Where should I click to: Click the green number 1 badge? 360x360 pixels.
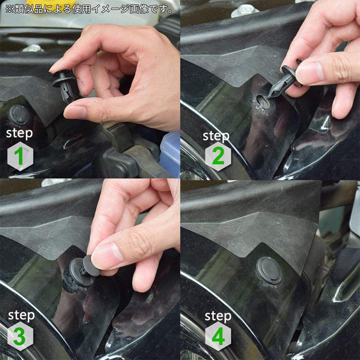pos(20,156)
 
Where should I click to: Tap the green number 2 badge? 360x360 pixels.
pos(218,156)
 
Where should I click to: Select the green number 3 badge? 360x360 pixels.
pos(20,336)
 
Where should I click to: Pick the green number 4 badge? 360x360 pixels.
pos(218,336)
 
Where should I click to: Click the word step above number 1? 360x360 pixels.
pos(20,134)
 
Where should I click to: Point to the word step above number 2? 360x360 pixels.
pos(216,136)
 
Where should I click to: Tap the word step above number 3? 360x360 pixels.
pos(21,316)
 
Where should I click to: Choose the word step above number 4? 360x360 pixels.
pos(218,316)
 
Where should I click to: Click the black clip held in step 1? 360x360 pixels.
pos(65,85)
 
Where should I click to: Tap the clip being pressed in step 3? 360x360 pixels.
pos(83,271)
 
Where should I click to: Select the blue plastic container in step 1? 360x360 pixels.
pos(170,154)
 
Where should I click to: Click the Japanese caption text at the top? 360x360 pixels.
pos(89,9)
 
